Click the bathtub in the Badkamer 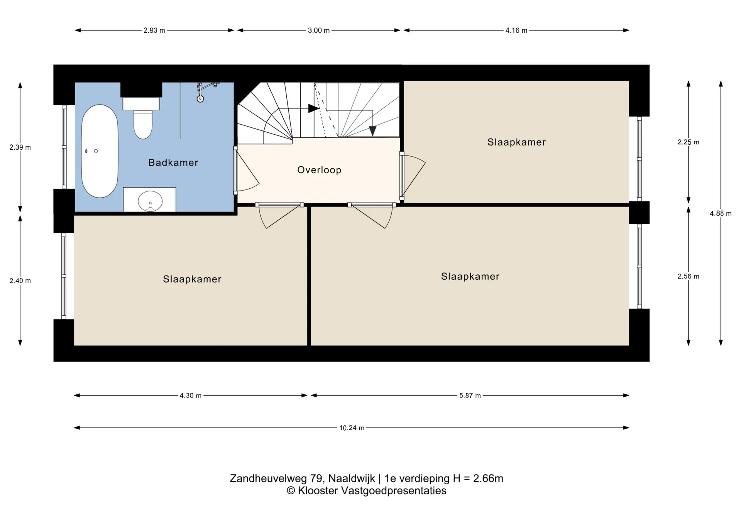[100, 151]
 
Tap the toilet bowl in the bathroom [143, 124]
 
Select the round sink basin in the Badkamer [150, 201]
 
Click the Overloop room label [319, 170]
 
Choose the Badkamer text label [173, 162]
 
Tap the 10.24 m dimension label [352, 428]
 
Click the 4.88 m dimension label [721, 213]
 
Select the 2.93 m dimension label [154, 30]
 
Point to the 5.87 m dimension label [470, 396]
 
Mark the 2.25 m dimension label [688, 142]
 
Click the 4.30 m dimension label [191, 396]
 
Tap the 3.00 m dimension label [319, 30]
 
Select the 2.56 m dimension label [688, 276]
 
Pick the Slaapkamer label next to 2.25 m [516, 142]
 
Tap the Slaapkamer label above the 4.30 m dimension [192, 279]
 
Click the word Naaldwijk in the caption [352, 479]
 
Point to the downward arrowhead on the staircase [372, 131]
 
